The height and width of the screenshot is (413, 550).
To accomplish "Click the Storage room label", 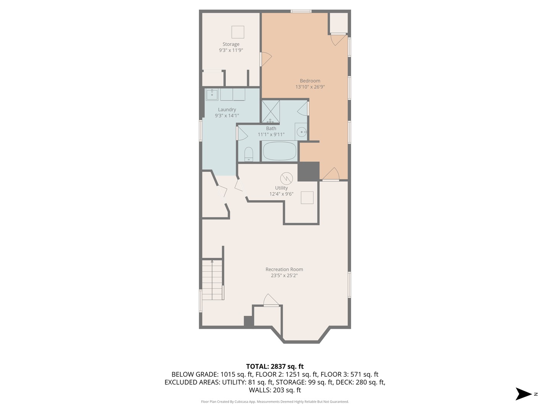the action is [231, 44].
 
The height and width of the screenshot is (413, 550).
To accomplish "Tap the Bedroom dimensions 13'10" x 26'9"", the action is [310, 87].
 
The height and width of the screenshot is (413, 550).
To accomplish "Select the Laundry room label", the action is [227, 110].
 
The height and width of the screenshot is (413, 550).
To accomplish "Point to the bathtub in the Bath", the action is [279, 151].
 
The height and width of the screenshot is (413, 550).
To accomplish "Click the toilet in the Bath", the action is [249, 154].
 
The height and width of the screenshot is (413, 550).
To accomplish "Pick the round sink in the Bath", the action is [301, 132].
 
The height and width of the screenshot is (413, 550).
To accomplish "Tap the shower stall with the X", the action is [271, 112].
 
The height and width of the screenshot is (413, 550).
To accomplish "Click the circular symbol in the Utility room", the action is [286, 179].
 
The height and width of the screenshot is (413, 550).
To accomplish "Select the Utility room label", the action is [281, 188].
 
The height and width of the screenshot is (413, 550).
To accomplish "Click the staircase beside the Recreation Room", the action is [212, 280].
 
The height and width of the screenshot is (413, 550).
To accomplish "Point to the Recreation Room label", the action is [284, 269].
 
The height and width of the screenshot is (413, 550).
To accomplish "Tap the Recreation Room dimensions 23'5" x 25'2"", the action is [284, 276].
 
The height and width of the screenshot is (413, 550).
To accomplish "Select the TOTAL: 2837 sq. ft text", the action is [275, 366].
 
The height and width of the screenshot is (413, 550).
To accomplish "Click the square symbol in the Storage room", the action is [238, 32].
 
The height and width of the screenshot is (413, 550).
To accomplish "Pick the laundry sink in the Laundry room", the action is [212, 94].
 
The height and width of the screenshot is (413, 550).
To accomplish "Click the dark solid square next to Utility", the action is [309, 171].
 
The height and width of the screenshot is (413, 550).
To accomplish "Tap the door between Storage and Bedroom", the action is [265, 59].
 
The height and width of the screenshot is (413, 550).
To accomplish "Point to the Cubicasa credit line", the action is [275, 402].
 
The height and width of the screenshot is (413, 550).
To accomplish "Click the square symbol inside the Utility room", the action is [307, 198].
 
